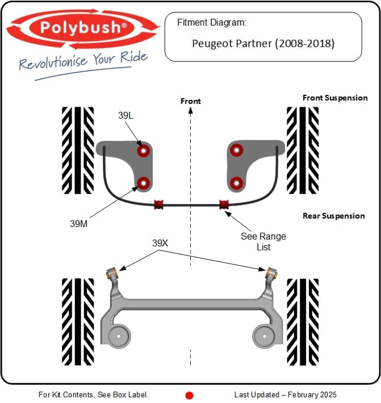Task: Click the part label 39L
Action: coord(125,115)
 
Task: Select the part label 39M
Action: coord(78,224)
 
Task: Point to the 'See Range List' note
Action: coord(263,241)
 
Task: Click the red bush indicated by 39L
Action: coord(144,151)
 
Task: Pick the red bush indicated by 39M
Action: coord(144,183)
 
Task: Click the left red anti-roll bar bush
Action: coord(158,203)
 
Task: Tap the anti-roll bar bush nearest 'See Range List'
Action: coord(224,203)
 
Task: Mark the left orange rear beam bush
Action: coord(112,271)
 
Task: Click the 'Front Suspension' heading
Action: coord(335,98)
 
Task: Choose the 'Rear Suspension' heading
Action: coord(334,216)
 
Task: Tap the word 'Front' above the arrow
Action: coord(191,101)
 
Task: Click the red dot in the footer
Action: coord(190,394)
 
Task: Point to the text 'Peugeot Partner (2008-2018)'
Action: coord(263,43)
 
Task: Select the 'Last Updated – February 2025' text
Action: coord(285,394)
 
